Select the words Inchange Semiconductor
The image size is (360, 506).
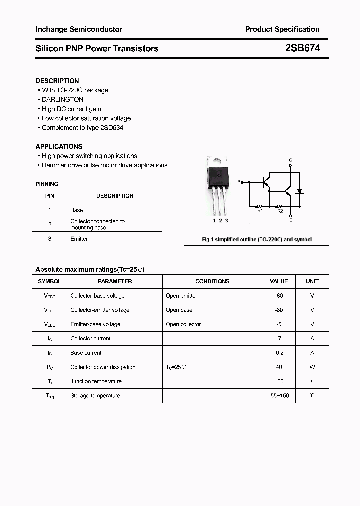pos(79,29)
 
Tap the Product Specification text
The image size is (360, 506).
pos(282,29)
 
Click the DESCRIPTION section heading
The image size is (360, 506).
pos(57,81)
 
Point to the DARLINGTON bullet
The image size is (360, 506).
pos(63,100)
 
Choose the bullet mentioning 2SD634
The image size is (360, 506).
pos(82,128)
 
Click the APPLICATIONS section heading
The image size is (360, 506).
pos(59,146)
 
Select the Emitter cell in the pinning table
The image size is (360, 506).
pos(79,239)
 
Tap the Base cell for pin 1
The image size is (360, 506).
pos(76,210)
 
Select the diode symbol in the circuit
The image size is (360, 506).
pos(300,191)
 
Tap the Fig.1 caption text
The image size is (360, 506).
pos(256,239)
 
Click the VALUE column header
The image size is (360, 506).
pos(279,281)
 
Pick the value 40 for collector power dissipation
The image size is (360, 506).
pos(279,367)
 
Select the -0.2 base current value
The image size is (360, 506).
pos(279,353)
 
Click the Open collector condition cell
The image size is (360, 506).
pos(183,324)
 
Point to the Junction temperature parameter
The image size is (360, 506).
pos(96,381)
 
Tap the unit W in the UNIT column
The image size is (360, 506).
pos(312,367)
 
